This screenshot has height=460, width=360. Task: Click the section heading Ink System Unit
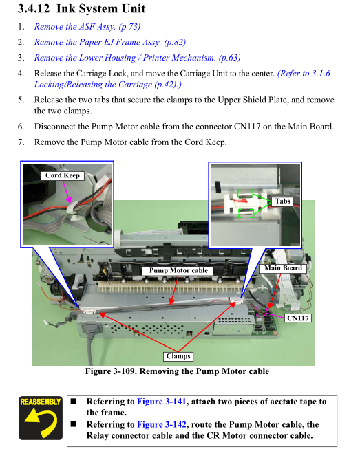(x=100, y=9)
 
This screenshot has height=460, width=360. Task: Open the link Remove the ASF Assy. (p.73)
(x=87, y=27)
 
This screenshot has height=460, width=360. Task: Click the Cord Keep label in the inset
(x=63, y=175)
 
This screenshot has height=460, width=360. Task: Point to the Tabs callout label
(x=282, y=201)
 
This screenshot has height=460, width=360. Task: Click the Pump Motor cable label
(x=178, y=270)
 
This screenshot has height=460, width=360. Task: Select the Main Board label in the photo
(x=283, y=268)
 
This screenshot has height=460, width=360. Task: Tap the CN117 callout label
(x=298, y=318)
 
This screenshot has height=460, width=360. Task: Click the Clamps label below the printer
(x=178, y=356)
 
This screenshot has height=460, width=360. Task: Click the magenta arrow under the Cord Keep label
(x=66, y=192)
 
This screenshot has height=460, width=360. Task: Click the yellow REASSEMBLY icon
(x=41, y=418)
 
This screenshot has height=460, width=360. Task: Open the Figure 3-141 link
(x=162, y=402)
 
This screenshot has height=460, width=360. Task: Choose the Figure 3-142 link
(x=162, y=424)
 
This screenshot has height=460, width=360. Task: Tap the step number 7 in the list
(x=21, y=142)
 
